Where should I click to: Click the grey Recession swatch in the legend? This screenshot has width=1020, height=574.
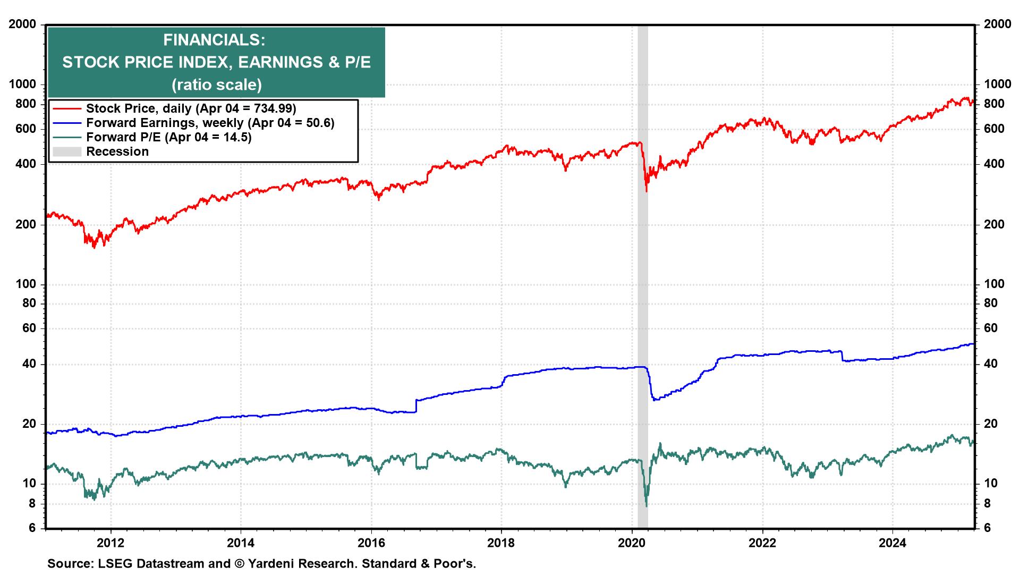pos(67,152)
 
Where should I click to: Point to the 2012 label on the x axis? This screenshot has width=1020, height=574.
pos(110,543)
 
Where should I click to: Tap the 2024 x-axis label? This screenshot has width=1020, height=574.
pos(892,543)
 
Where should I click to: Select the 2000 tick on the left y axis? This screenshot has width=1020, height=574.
pos(22,24)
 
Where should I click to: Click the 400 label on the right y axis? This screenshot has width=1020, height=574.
pos(994,164)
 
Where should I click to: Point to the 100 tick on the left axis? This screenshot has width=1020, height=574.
pos(25,284)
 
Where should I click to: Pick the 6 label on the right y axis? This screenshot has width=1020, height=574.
pos(987,528)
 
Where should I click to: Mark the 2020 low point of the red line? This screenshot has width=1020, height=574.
pos(647,191)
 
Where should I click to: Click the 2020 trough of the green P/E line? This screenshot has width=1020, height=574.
pos(647,506)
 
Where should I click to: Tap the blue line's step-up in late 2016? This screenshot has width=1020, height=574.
pos(416,406)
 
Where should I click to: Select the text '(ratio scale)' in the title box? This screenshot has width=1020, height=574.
pos(216,85)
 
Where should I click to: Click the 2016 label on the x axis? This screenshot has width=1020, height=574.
pos(371,543)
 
